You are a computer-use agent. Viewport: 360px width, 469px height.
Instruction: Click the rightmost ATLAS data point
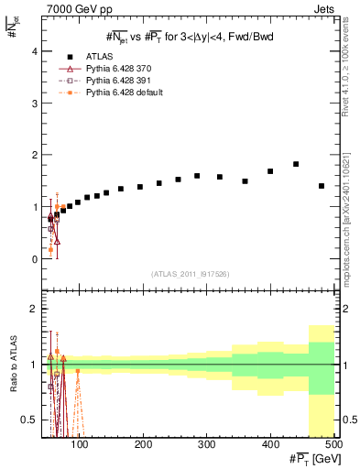[321, 186]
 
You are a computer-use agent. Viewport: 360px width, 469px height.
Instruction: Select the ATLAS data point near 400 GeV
[270, 171]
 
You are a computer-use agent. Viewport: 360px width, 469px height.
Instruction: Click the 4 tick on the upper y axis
[35, 51]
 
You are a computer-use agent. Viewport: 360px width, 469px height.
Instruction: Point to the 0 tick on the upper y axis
[35, 259]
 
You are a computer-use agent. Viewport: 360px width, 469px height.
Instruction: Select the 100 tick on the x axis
[81, 444]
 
